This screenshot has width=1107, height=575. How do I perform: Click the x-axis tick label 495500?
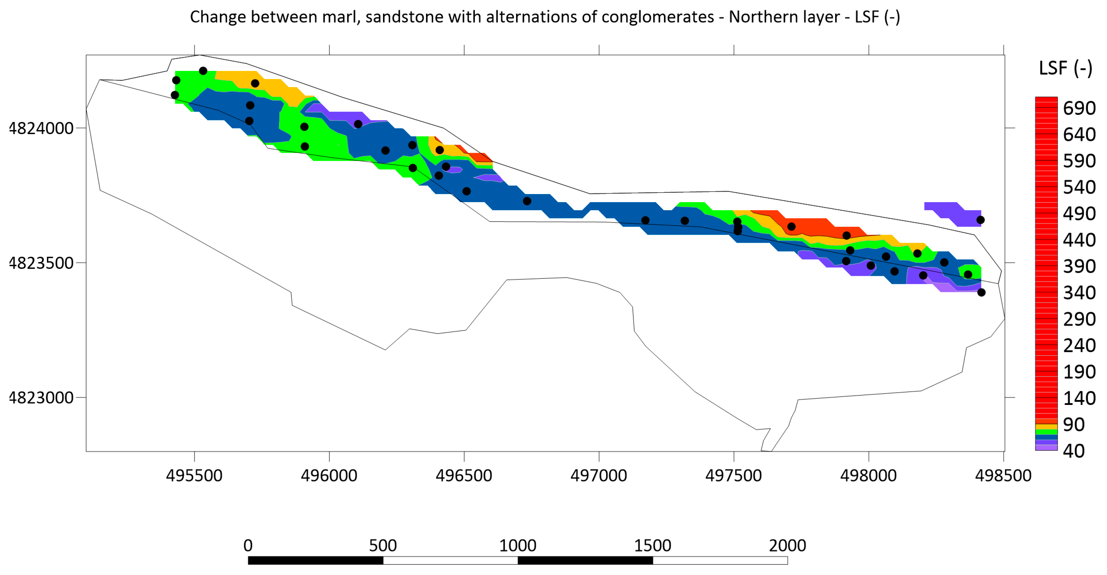tap(194, 476)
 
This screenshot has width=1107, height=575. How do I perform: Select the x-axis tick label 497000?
tap(599, 476)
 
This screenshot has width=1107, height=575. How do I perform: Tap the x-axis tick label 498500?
tap(1003, 476)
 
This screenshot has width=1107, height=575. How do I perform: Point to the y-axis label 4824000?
tap(41, 128)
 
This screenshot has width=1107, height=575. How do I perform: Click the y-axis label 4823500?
tap(41, 263)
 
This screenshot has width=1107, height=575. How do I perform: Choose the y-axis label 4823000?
tap(41, 398)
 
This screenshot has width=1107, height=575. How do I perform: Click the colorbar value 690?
tap(1079, 108)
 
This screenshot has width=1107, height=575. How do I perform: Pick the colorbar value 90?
tap(1073, 425)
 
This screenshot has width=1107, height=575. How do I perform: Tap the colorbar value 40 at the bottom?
tap(1073, 451)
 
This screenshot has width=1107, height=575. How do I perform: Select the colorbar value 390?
tap(1079, 267)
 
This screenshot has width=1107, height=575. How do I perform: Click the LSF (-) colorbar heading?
tap(1065, 68)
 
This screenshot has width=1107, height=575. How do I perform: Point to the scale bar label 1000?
tap(517, 546)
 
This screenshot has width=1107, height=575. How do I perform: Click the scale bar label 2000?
tap(787, 546)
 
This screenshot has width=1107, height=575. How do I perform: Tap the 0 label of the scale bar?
tap(248, 546)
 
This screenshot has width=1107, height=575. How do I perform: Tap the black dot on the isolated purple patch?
tap(980, 220)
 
